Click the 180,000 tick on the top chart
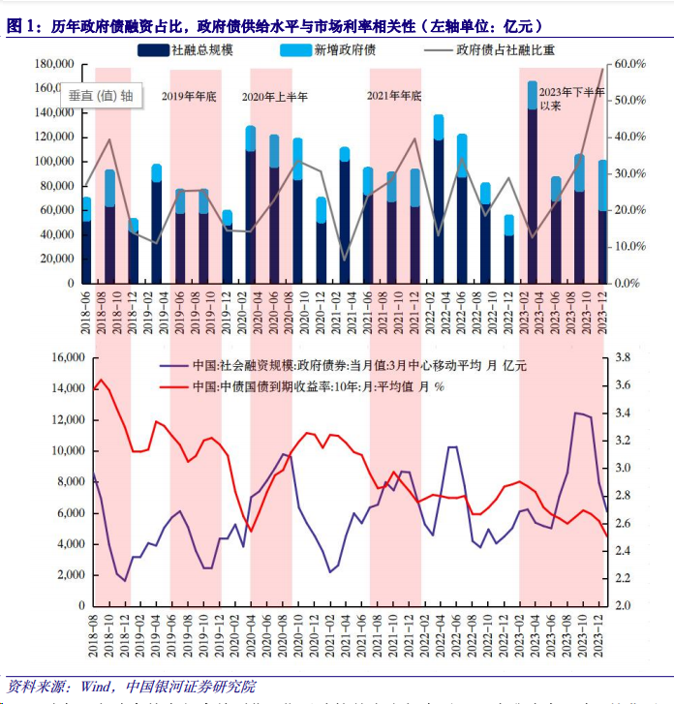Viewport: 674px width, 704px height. (55, 65)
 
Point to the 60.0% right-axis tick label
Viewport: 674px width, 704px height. (629, 64)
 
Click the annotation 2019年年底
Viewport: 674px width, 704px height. (189, 96)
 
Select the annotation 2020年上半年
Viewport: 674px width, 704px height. (274, 96)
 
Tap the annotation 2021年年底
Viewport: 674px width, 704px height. (395, 96)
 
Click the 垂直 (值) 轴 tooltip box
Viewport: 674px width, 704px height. (102, 95)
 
